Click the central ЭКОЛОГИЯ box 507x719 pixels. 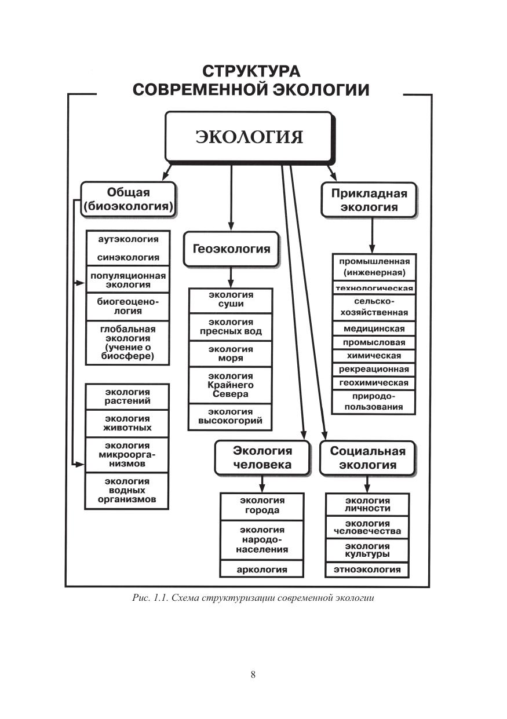249,137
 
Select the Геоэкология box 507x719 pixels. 231,249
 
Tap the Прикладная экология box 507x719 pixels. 369,200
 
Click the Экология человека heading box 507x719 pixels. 262,458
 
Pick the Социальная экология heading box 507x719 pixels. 367,458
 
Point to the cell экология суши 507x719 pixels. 230,300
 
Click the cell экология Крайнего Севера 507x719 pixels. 230,385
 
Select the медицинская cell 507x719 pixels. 374,329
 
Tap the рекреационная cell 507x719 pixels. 374,369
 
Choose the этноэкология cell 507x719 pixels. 367,570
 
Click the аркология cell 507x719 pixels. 262,570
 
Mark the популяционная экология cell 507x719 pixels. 128,280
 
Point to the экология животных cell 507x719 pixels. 127,424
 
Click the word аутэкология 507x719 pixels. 128,239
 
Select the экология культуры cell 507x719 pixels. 367,550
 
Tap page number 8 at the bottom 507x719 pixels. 253,674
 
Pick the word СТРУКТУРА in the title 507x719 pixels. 251,72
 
